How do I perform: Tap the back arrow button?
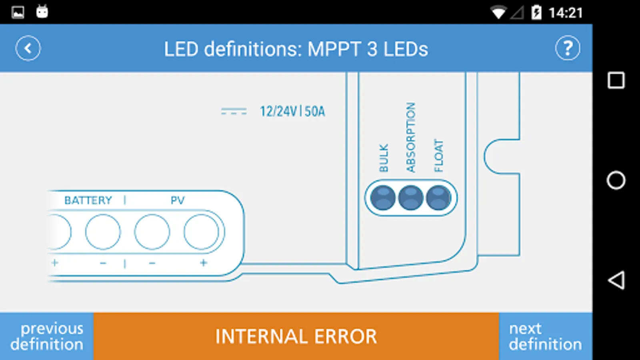[28, 48]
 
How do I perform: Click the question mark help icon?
[568, 48]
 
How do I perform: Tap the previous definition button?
[46, 336]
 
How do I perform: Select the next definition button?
[546, 336]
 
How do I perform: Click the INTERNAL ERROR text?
[296, 336]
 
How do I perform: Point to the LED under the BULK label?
[383, 198]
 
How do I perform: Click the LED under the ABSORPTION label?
[410, 198]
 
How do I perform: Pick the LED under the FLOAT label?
[438, 198]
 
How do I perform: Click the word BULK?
[384, 158]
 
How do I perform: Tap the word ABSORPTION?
[410, 138]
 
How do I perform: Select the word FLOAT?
[438, 156]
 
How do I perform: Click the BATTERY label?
[88, 200]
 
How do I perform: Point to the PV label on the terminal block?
[178, 200]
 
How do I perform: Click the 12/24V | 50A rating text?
[292, 112]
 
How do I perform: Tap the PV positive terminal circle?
[201, 232]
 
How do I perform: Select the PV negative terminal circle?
[152, 232]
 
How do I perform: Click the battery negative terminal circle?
[103, 232]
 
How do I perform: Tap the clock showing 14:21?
[566, 13]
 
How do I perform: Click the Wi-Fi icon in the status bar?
[498, 13]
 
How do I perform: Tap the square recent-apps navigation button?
[616, 80]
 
